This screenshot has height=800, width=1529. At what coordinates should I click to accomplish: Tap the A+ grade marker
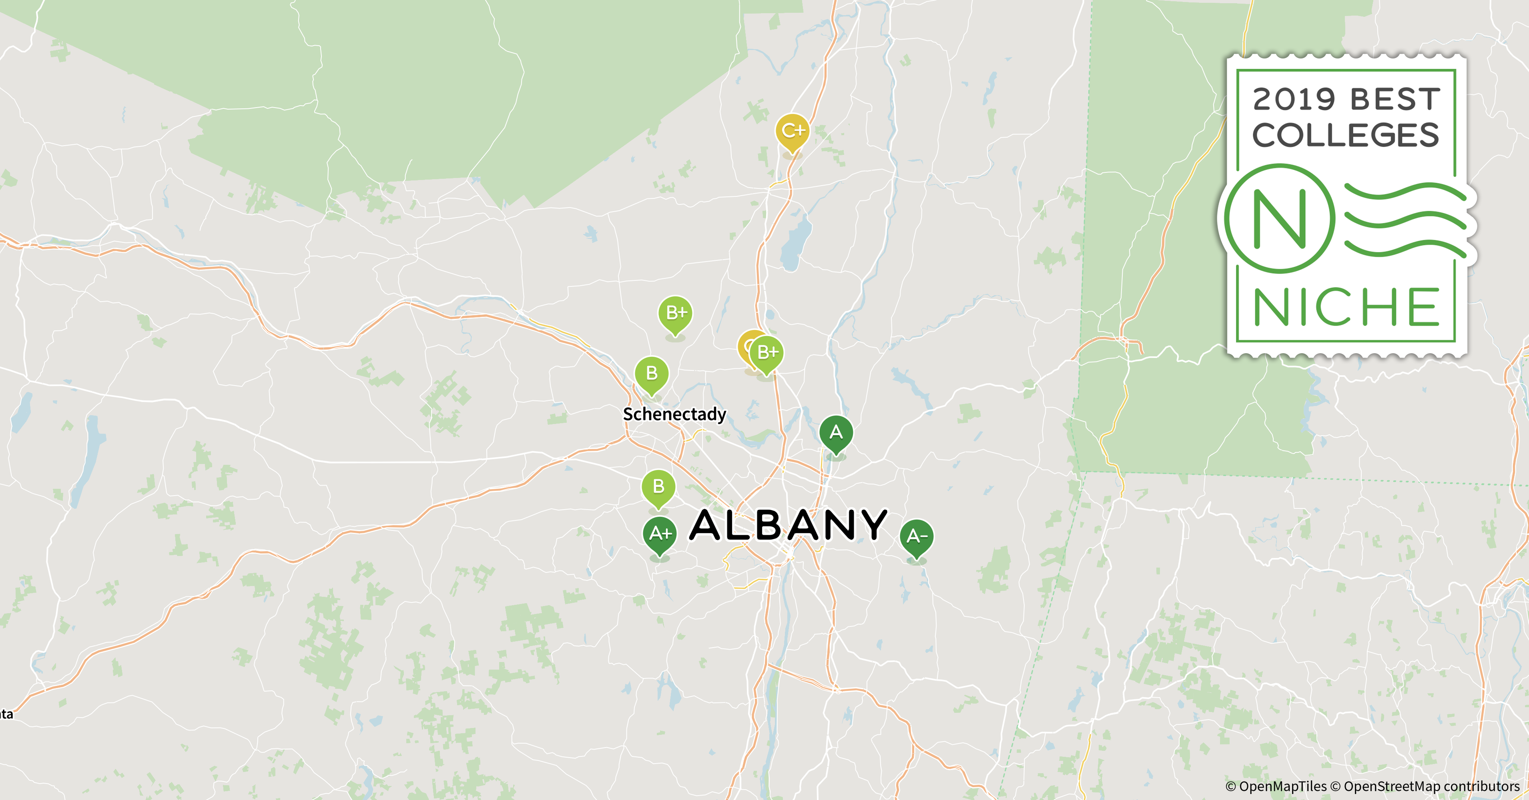pos(660,534)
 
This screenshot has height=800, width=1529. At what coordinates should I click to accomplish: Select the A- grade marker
pos(917,537)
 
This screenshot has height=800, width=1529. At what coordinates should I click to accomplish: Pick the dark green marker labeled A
pos(836,433)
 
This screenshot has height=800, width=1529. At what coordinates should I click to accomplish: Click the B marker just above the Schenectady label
pos(652,374)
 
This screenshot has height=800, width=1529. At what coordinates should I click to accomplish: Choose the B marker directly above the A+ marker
pos(658,487)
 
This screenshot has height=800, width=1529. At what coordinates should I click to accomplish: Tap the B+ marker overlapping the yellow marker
pos(767,353)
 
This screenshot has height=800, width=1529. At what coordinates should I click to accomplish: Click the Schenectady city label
pos(674,414)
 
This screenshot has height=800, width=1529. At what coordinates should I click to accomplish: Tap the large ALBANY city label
pos(788,526)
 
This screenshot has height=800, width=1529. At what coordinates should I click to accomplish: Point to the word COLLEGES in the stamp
pos(1346,135)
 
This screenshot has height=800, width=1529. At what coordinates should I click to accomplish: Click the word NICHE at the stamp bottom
pos(1346,307)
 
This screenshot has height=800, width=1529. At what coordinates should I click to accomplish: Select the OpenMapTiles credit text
pos(1276,786)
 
